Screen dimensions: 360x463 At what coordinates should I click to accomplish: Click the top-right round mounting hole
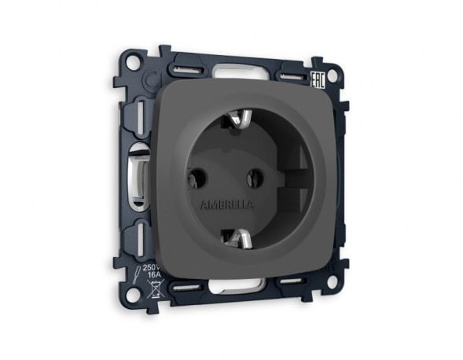332,76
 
